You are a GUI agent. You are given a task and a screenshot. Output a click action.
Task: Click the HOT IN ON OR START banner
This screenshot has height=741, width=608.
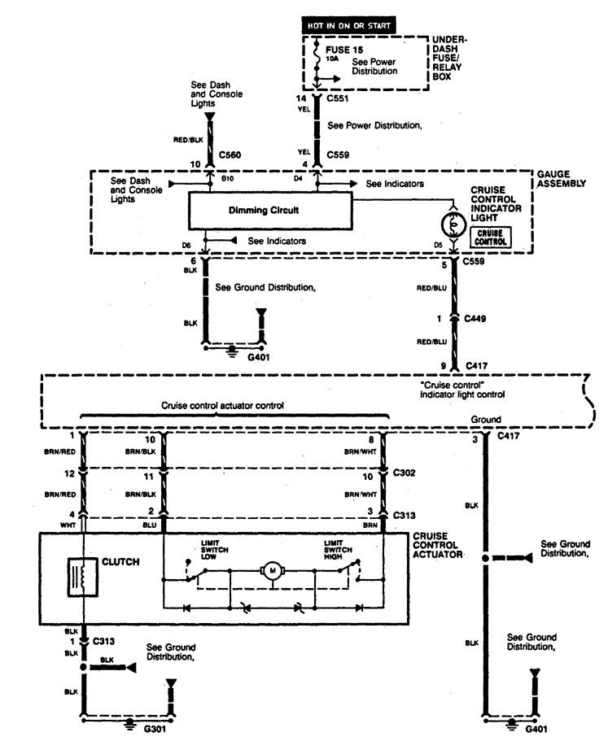[x=349, y=25]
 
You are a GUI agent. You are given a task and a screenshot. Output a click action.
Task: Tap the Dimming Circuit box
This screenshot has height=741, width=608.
[x=269, y=210]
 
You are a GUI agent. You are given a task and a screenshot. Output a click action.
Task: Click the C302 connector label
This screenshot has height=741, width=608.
[x=405, y=473]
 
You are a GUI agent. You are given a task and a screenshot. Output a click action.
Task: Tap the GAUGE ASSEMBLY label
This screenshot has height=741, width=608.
[x=561, y=179]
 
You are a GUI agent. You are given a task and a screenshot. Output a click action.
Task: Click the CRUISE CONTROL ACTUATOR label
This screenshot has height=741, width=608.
[x=439, y=545]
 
